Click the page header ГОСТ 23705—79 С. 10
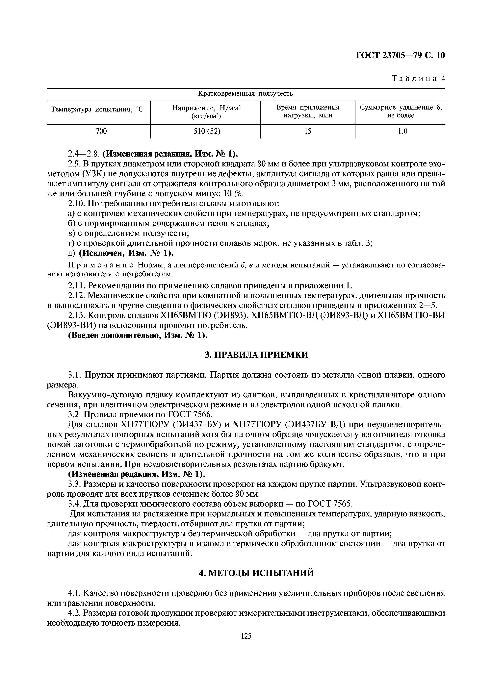click(x=400, y=56)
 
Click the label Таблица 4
click(x=418, y=79)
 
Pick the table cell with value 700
click(x=101, y=131)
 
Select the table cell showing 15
click(x=307, y=131)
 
